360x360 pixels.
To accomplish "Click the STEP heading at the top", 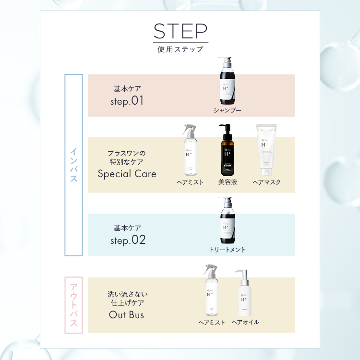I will point(180,31).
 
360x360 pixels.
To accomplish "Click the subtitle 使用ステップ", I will point(180,49).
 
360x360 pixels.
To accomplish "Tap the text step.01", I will point(127,101).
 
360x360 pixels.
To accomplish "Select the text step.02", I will point(127,240).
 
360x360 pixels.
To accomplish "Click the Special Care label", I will point(127,174).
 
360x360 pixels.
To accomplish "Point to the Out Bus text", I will point(127,315).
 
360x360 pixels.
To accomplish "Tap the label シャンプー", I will point(227,110).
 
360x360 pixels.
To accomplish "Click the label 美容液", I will point(228,182).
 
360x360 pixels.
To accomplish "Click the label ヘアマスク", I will point(266,182).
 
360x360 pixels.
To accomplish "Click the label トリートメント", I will point(227,250).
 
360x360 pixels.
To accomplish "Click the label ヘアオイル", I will point(245,322).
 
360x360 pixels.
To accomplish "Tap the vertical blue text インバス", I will point(73,165).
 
